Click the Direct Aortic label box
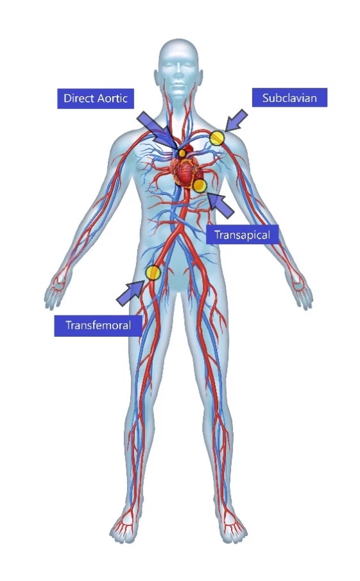tap(95, 99)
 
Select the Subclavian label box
tap(289, 97)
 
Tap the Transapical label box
tap(242, 235)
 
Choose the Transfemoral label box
tap(98, 326)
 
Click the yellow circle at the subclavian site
tap(218, 138)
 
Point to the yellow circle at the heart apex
tap(200, 185)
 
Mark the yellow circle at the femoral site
tap(153, 273)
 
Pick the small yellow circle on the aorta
tap(182, 153)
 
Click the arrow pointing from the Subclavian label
tap(236, 121)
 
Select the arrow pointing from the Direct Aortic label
tap(157, 130)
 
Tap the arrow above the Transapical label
tap(221, 205)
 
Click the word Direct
tap(79, 98)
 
